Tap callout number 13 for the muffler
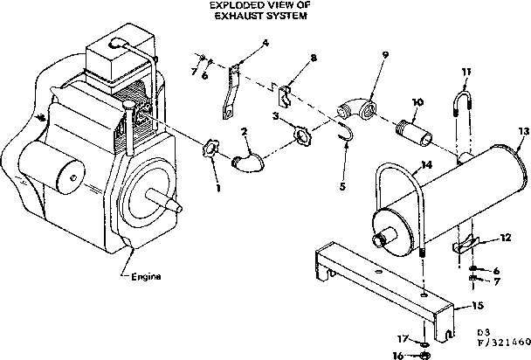(x=522, y=130)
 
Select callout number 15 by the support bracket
(x=477, y=305)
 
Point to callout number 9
(x=383, y=54)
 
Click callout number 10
(x=417, y=101)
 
